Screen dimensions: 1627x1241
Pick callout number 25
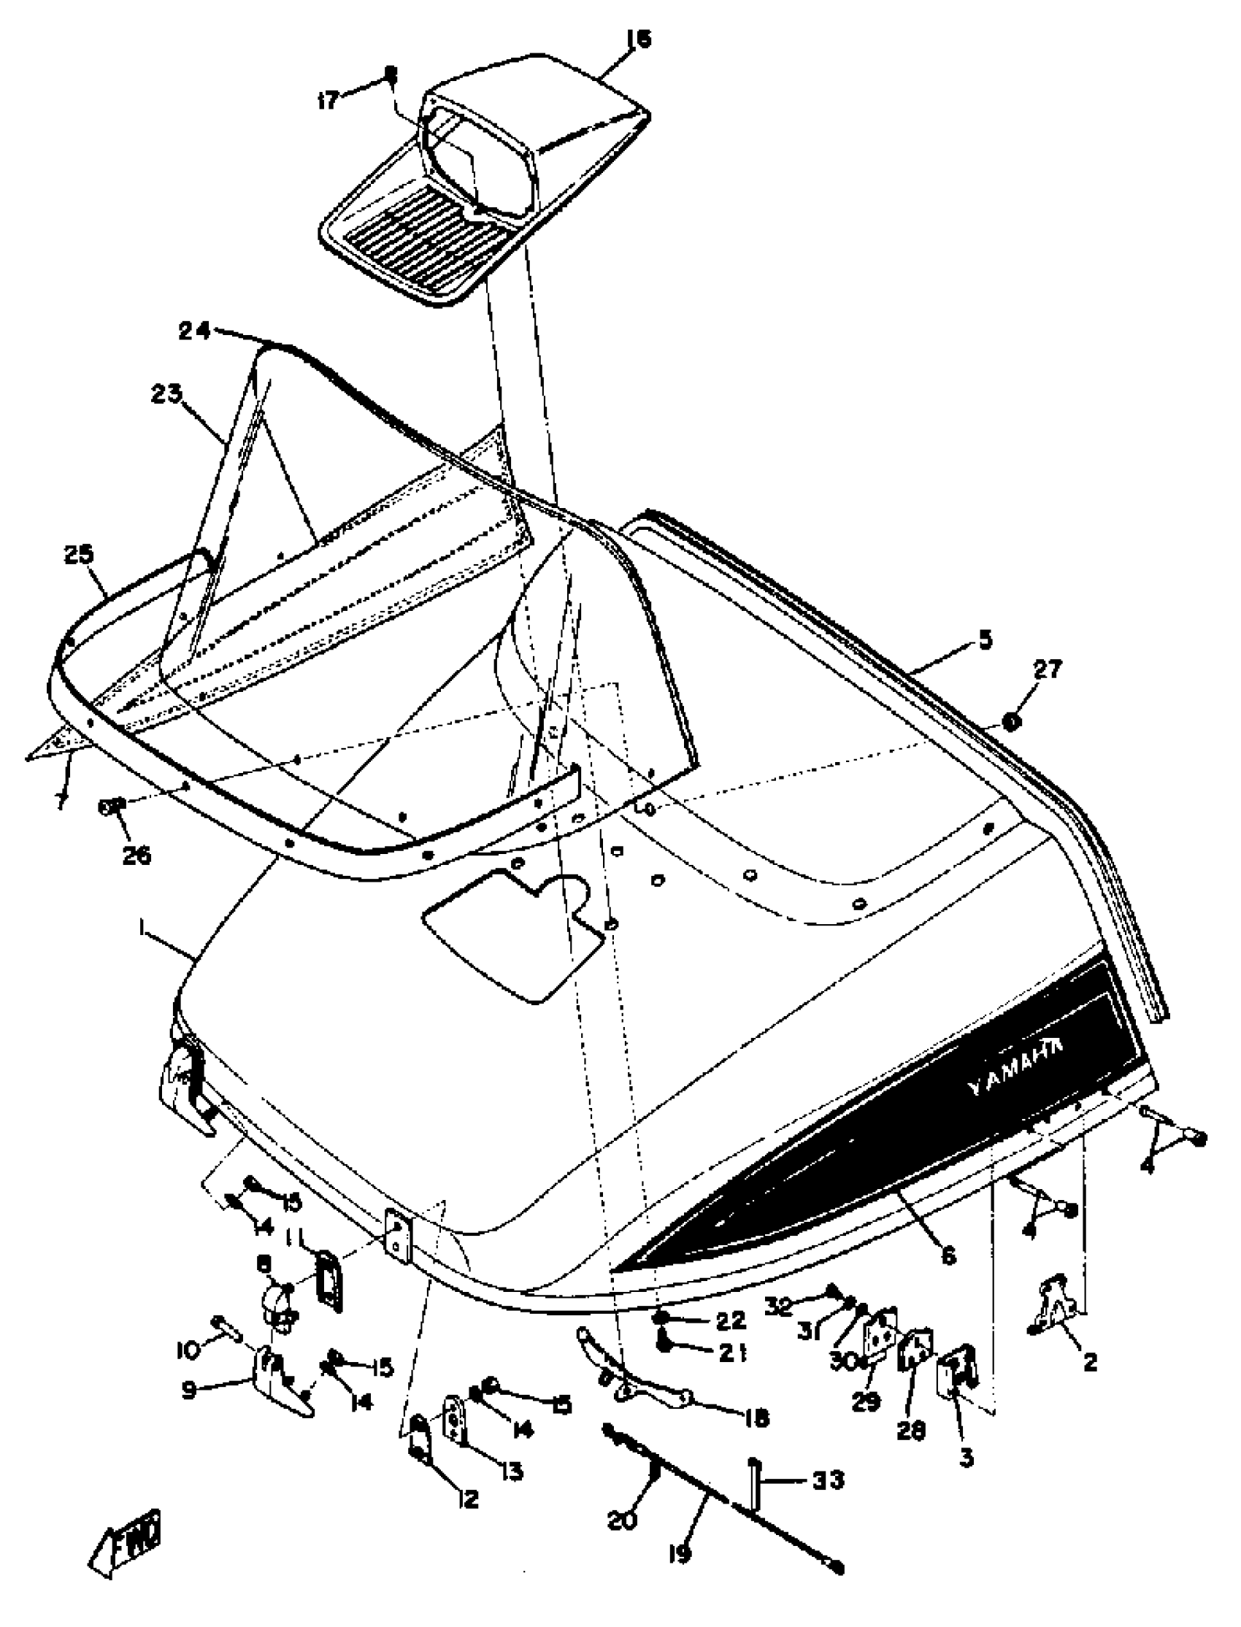(79, 554)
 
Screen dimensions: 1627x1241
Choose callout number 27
(1047, 670)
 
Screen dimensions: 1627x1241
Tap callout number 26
(136, 855)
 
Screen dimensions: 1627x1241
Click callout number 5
(985, 639)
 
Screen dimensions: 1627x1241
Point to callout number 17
(328, 100)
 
